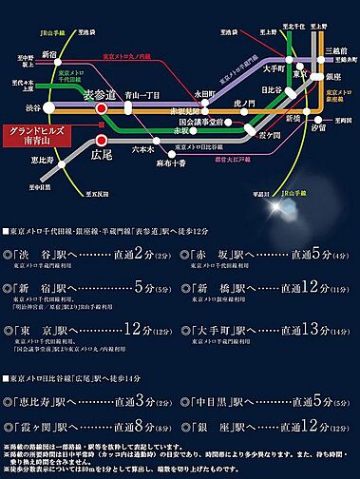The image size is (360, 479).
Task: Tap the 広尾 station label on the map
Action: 103,152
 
